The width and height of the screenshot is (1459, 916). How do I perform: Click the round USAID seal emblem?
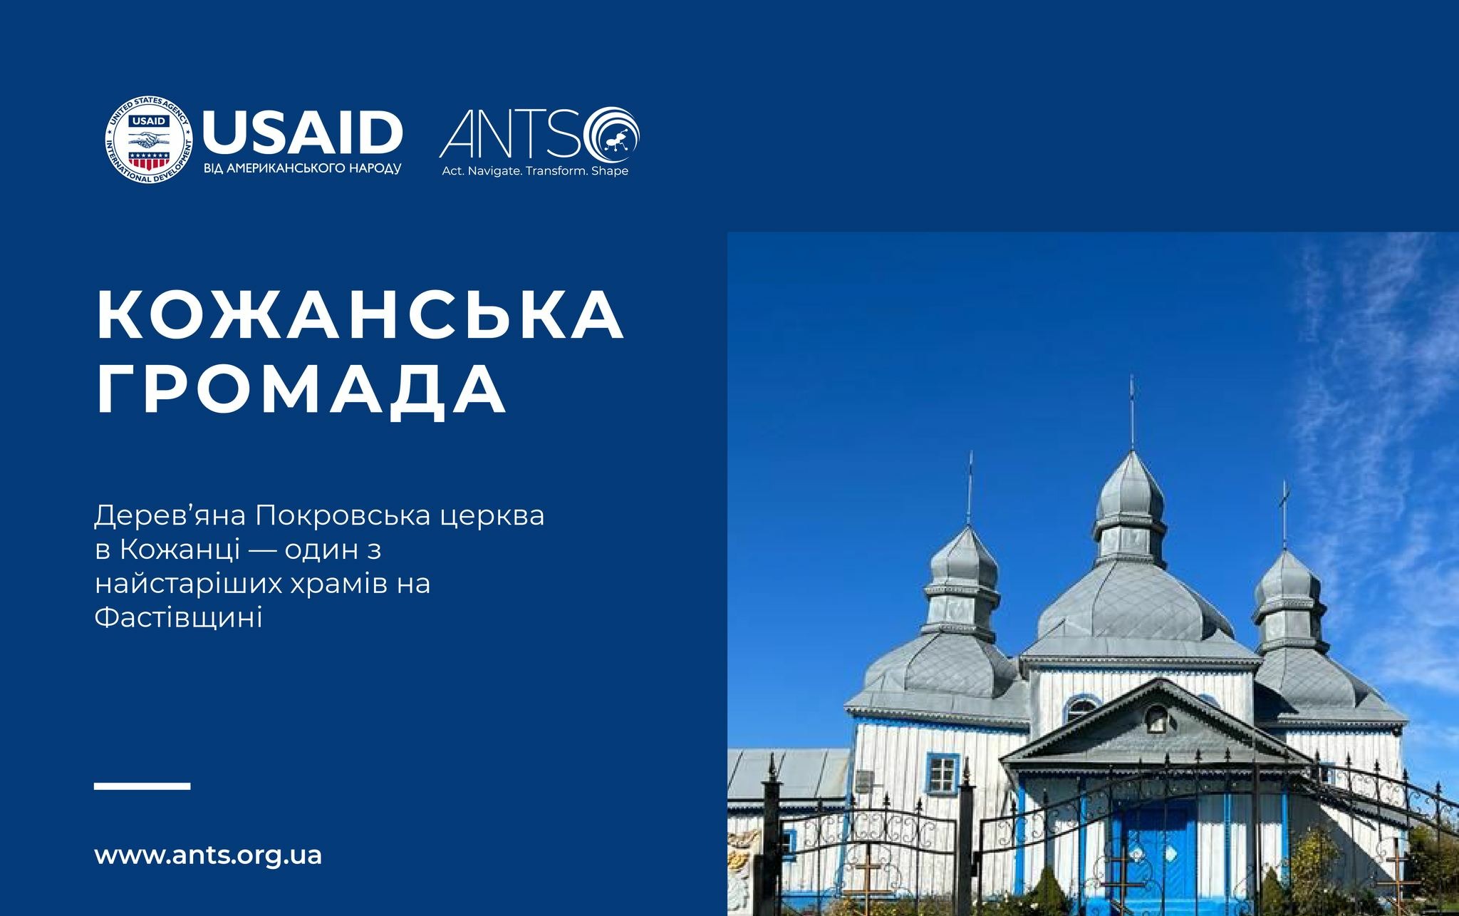[150, 139]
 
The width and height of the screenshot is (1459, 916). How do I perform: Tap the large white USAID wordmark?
[303, 133]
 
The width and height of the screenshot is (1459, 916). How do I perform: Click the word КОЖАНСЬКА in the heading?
[360, 315]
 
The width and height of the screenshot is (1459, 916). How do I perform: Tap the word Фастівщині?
[179, 617]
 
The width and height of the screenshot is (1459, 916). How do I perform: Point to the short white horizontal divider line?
[142, 786]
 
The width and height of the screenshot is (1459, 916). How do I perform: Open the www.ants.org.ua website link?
[208, 855]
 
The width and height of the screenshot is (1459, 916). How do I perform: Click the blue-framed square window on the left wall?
[943, 775]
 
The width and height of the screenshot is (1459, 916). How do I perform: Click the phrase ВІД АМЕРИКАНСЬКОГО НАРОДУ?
[303, 170]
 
